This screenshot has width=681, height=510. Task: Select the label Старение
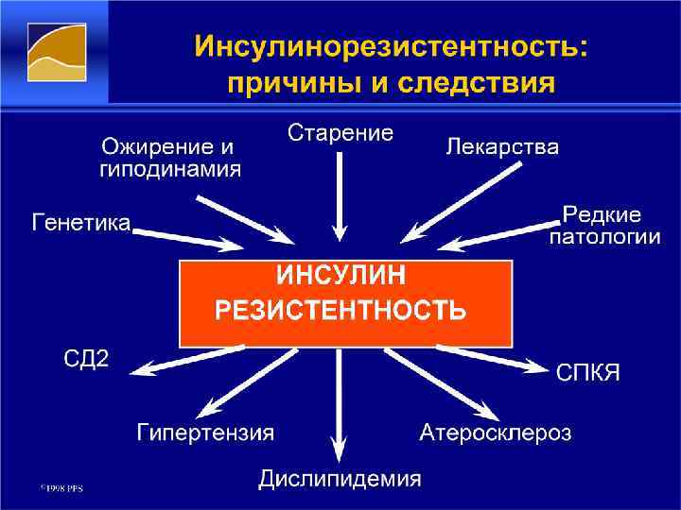click(x=340, y=132)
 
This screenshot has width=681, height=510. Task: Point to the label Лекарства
click(x=501, y=147)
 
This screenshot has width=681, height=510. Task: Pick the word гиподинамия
click(x=170, y=170)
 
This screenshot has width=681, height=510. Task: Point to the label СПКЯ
click(x=587, y=371)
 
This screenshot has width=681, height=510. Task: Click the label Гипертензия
click(x=205, y=433)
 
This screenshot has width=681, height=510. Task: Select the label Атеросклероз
click(x=495, y=433)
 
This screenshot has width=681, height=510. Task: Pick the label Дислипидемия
click(x=340, y=479)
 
